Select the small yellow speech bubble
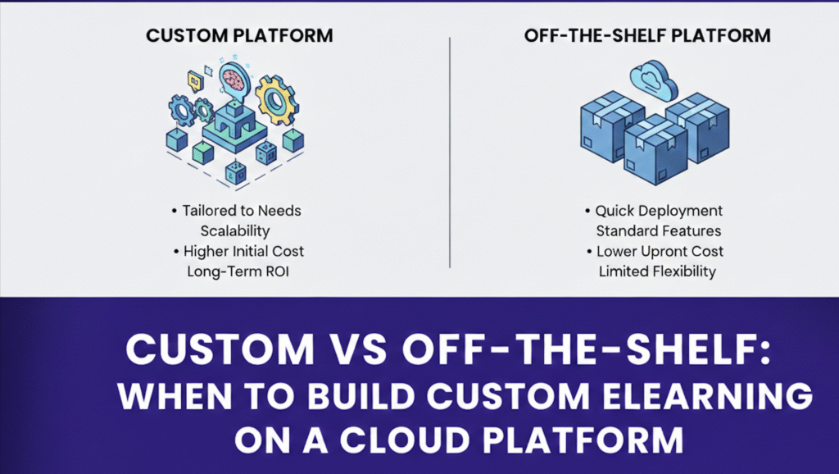pos(195,80)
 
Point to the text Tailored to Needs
pos(236,211)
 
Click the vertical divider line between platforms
pos(450,151)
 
